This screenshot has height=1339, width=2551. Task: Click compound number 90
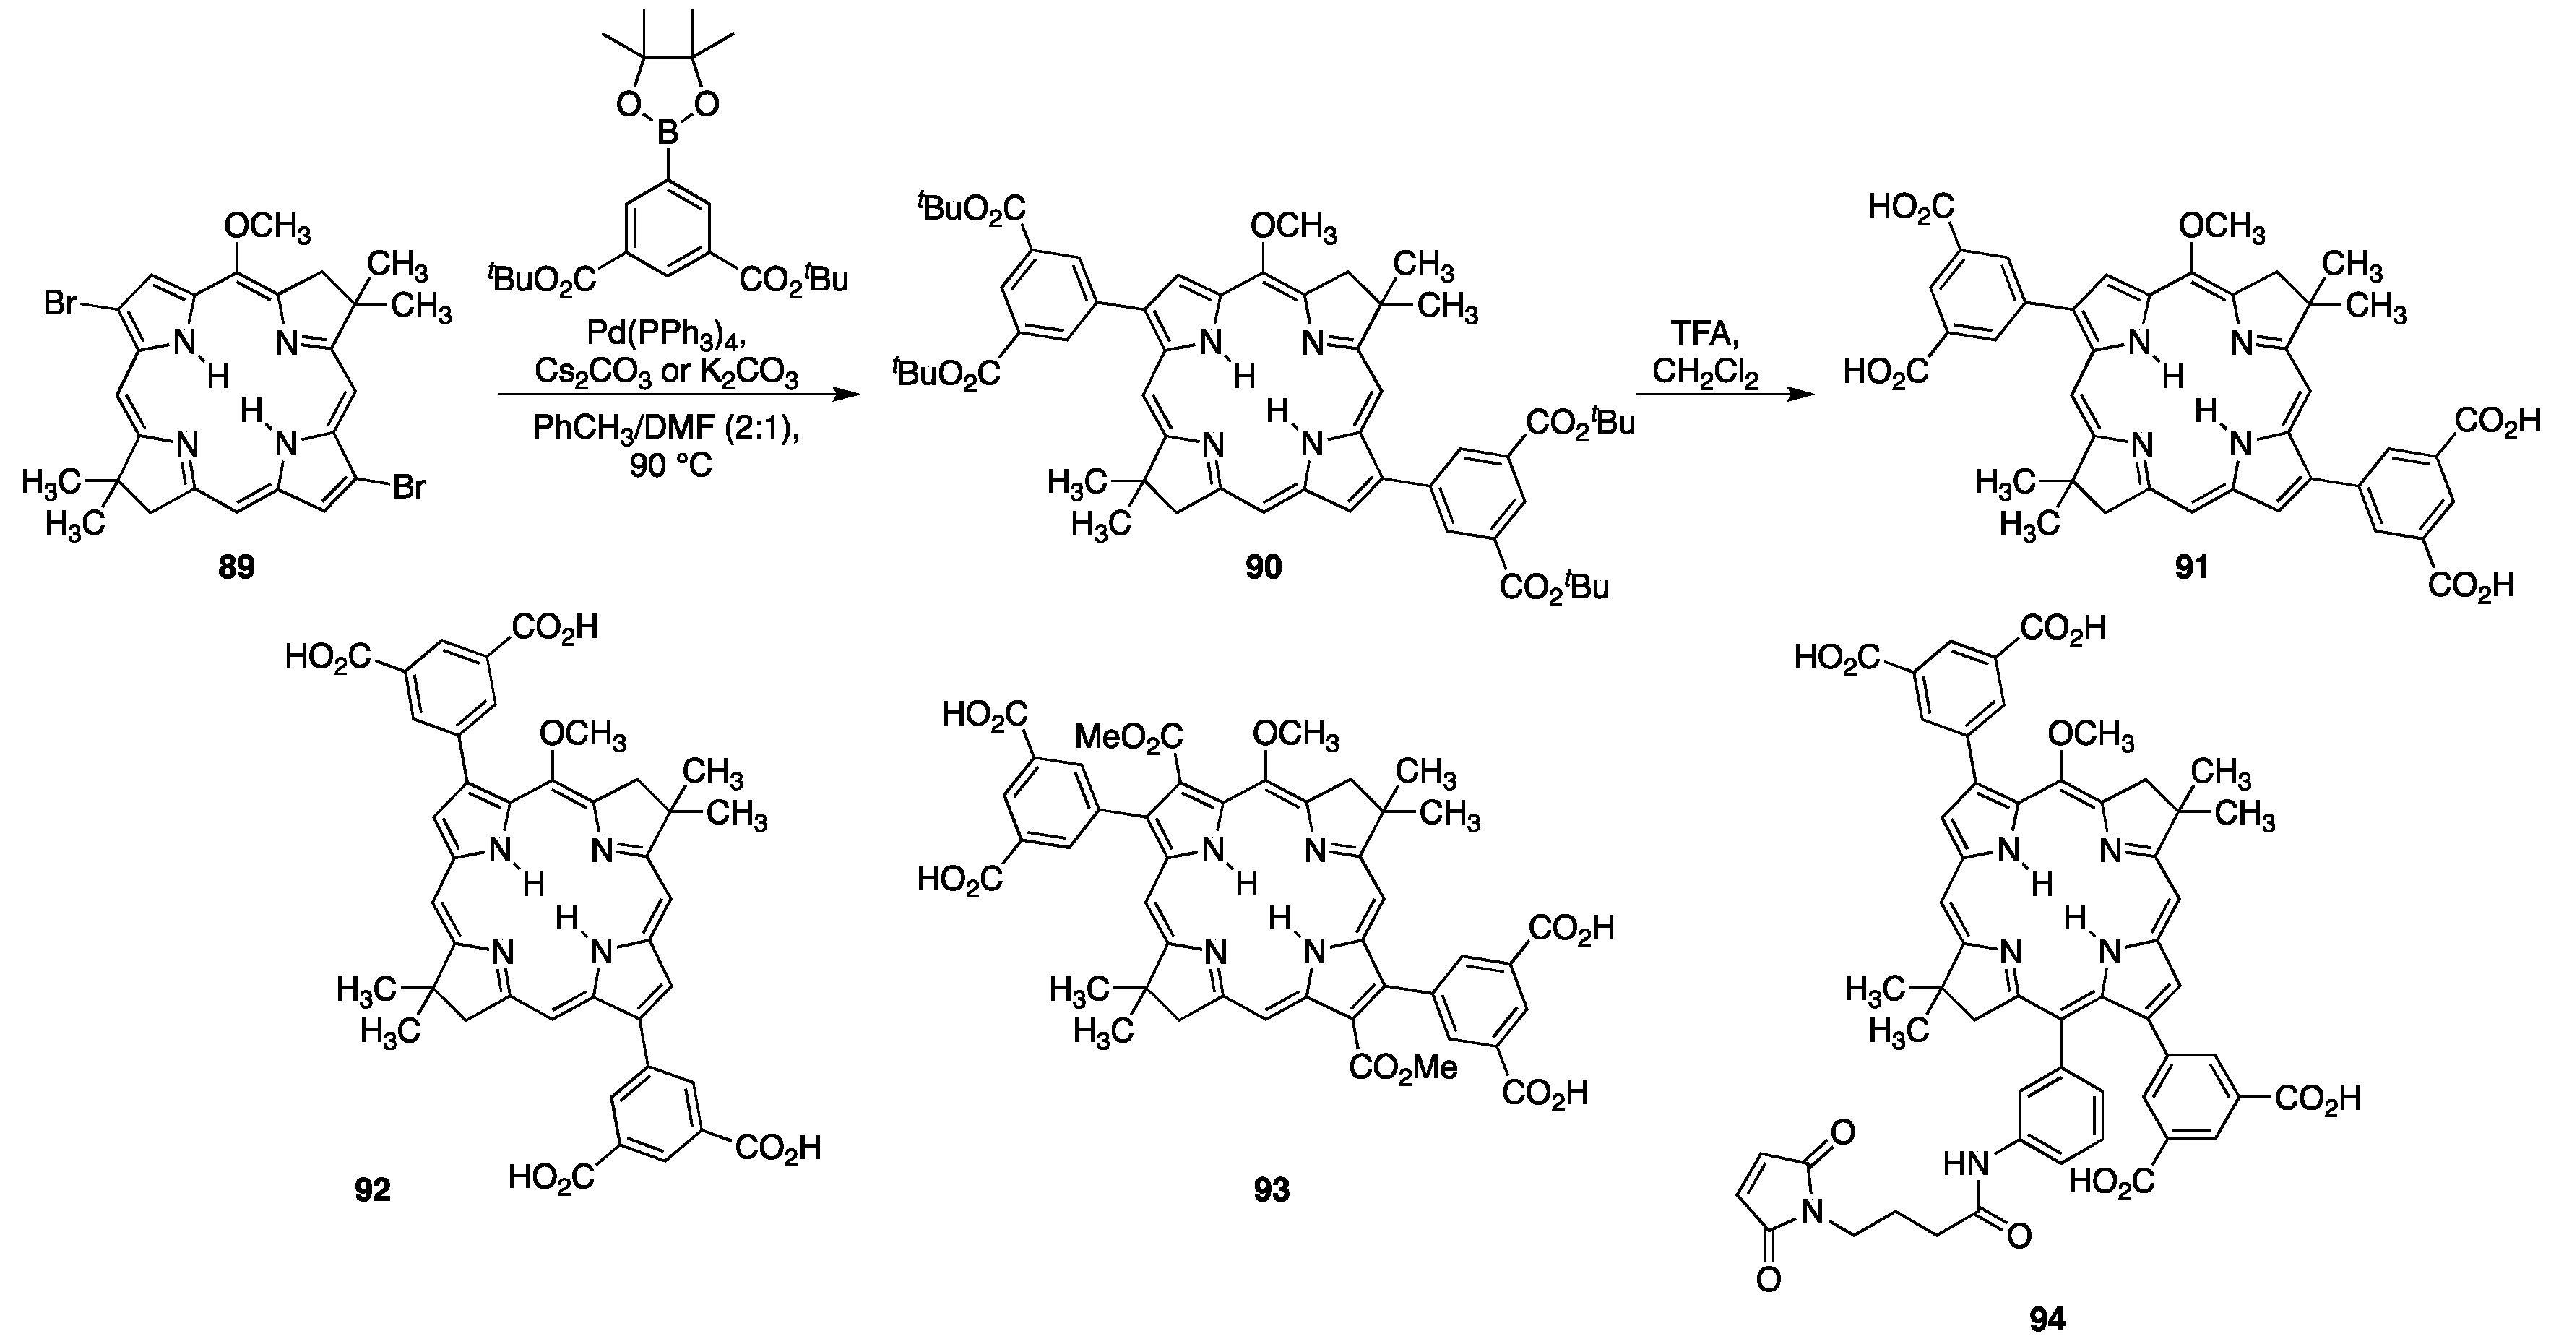pos(1263,567)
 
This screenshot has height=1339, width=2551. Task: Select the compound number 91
pos(2191,567)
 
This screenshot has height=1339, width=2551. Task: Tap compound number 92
pos(372,1189)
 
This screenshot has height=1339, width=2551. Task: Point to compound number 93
pos(1272,1189)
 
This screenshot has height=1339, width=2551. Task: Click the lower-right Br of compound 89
pos(407,487)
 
